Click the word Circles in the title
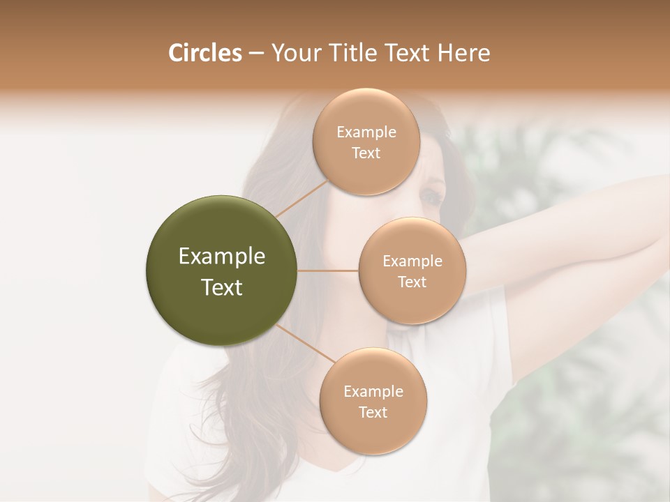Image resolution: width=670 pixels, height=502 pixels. [x=204, y=53]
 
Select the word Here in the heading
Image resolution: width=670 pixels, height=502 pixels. [x=464, y=53]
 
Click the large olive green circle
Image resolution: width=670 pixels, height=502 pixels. [x=222, y=271]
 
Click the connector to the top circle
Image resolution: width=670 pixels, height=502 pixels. [x=301, y=198]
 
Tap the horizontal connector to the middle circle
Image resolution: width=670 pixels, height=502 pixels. [x=328, y=271]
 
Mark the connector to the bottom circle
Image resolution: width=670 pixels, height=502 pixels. [x=306, y=343]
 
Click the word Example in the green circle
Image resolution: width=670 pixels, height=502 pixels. [x=222, y=257]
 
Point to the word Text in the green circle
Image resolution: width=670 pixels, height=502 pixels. [x=222, y=287]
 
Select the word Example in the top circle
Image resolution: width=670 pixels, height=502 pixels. [x=366, y=132]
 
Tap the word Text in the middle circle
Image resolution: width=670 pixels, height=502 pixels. [x=412, y=282]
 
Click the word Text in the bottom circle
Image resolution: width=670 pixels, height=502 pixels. [x=373, y=412]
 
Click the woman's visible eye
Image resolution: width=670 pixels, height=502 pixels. [x=431, y=197]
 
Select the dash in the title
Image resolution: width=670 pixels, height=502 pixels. [x=255, y=54]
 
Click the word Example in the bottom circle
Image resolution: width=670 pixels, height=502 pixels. [x=373, y=392]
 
